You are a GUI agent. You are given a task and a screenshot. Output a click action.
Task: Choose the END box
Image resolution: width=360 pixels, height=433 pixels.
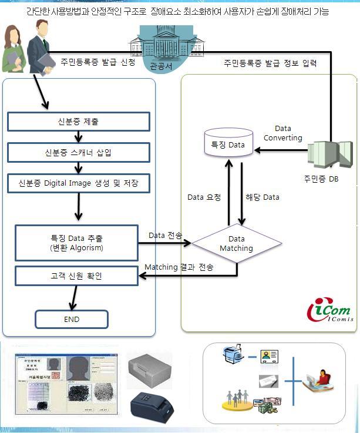[x=72, y=320]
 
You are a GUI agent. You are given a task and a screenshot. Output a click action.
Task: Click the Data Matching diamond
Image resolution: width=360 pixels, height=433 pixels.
[x=236, y=243]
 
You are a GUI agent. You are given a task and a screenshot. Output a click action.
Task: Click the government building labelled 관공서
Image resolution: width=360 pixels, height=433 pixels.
[x=160, y=44]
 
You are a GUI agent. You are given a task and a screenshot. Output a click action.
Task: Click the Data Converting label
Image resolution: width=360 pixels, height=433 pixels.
[x=282, y=133]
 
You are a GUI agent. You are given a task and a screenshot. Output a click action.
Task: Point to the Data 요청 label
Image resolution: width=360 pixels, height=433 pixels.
[x=204, y=197]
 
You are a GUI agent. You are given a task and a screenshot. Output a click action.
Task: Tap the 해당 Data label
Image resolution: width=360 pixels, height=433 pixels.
[x=262, y=197]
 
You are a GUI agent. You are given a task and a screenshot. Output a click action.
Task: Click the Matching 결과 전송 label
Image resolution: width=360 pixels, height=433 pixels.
[x=179, y=267]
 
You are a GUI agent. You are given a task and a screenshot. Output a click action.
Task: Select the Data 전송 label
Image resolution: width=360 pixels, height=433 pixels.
[x=165, y=235]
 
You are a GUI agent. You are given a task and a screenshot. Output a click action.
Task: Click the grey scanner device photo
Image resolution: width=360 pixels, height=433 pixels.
[x=149, y=369]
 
